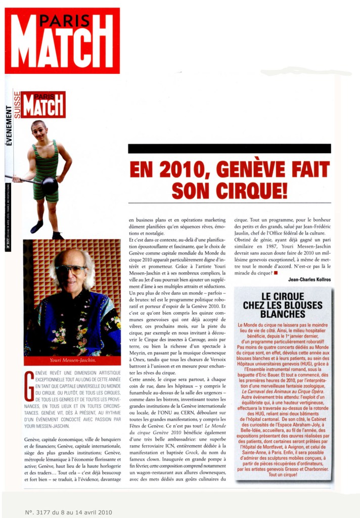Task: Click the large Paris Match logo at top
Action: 62,40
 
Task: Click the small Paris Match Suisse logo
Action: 42,104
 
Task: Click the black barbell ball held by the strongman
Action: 50,186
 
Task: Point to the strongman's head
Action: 38,130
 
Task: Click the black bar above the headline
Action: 229,148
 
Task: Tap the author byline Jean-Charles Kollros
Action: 309,279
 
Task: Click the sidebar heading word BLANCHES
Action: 283,314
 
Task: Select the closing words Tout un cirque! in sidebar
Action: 283,474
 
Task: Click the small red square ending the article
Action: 276,273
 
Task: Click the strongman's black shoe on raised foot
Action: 36,227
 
